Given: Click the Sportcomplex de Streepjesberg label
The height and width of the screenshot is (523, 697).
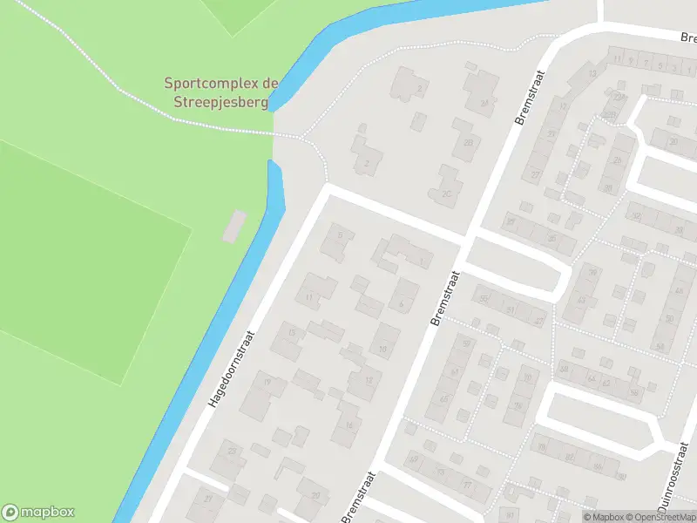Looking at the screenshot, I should [221, 92].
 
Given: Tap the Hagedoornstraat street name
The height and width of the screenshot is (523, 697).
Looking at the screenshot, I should [230, 369].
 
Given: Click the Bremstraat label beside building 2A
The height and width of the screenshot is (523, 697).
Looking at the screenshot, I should [529, 96].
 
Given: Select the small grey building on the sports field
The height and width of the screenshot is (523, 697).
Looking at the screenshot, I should [234, 226].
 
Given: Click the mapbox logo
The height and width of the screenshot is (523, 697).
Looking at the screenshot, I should [38, 513].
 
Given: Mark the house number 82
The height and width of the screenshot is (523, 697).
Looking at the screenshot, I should [570, 457].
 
